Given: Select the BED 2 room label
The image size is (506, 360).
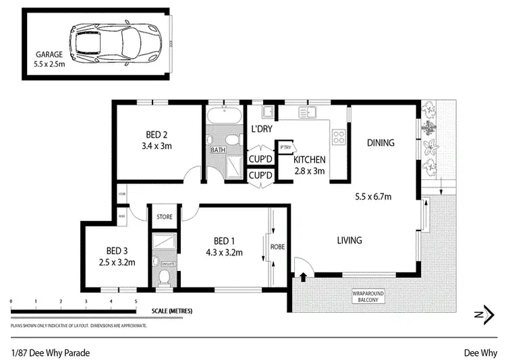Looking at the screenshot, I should pyautogui.click(x=157, y=133).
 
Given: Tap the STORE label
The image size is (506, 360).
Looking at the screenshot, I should pyautogui.click(x=165, y=217).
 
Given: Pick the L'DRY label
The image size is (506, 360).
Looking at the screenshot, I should pyautogui.click(x=261, y=129).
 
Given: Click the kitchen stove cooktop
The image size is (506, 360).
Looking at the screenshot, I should pyautogui.click(x=338, y=139).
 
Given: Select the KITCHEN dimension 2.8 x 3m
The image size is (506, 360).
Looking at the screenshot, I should pyautogui.click(x=310, y=171).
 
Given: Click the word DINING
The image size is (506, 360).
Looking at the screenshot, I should pyautogui.click(x=381, y=143).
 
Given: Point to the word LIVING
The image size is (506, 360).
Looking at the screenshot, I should pyautogui.click(x=349, y=240).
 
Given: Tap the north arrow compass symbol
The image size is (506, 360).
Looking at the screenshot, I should pyautogui.click(x=480, y=313).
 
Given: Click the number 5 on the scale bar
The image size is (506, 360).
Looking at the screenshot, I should pyautogui.click(x=136, y=301).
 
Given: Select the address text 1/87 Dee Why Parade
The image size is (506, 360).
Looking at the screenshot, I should pyautogui.click(x=51, y=352).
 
